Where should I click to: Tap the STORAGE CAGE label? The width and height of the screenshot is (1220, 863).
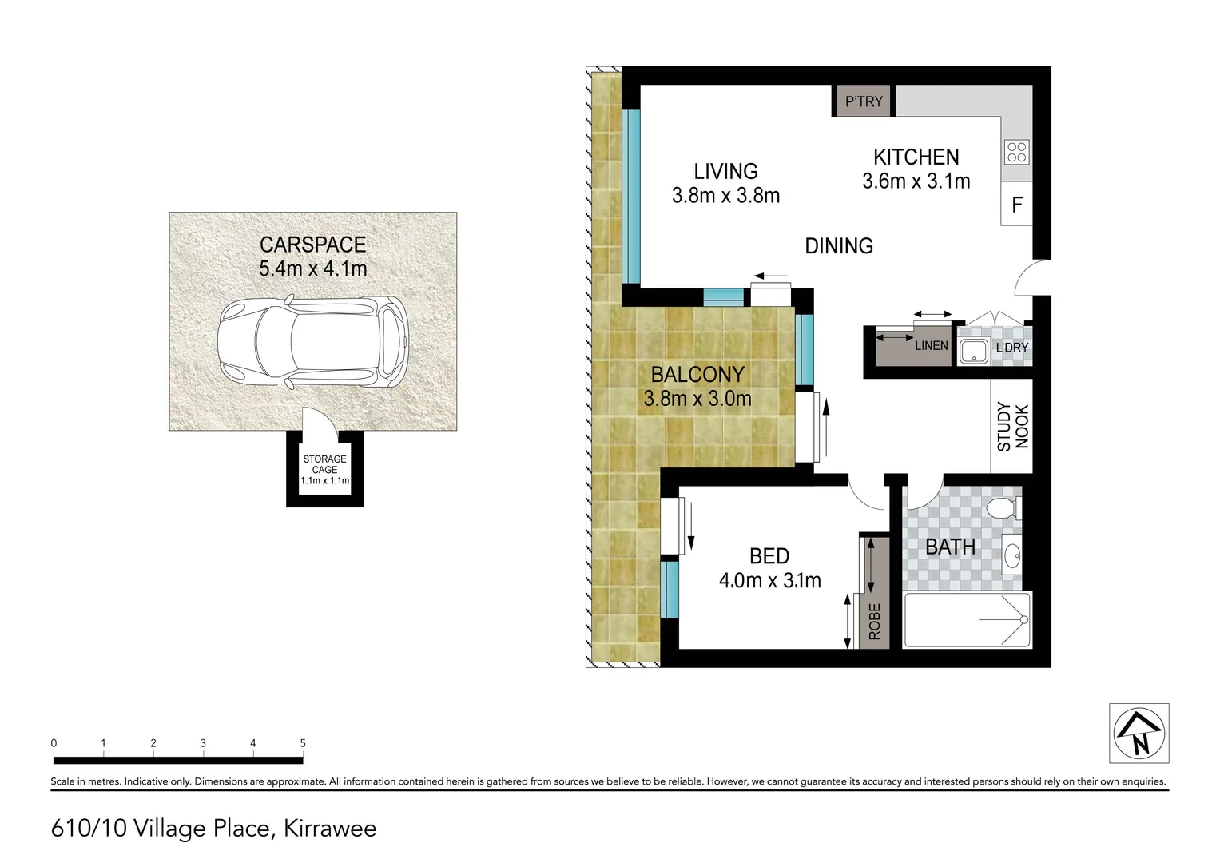(x=324, y=464)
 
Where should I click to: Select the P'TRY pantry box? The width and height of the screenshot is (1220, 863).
(x=864, y=101)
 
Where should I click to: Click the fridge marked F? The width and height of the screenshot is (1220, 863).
(x=1017, y=205)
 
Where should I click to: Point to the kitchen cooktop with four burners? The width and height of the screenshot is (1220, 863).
(x=1017, y=152)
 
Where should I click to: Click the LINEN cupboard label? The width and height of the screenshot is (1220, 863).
(x=931, y=345)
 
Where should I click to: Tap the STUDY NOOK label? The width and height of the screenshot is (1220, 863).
(x=1012, y=427)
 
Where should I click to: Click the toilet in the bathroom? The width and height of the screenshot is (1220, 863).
(x=1002, y=507)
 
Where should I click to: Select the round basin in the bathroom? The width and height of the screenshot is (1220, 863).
(x=1012, y=555)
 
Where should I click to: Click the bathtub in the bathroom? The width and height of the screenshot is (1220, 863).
(x=968, y=619)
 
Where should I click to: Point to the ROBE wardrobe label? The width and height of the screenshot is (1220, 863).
(x=875, y=621)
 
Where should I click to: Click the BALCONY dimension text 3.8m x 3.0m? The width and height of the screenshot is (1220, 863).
(x=697, y=398)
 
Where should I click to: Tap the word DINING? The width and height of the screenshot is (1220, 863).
(x=838, y=246)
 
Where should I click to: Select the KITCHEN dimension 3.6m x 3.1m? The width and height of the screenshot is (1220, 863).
(x=916, y=181)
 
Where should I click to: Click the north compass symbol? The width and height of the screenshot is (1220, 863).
(x=1139, y=733)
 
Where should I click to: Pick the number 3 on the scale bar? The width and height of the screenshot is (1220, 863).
(x=203, y=743)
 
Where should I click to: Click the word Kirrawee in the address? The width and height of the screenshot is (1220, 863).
(x=330, y=828)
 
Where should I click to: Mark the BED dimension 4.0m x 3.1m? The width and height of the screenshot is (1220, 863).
(x=769, y=580)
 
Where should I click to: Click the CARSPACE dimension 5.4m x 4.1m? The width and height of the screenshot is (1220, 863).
(x=312, y=268)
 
